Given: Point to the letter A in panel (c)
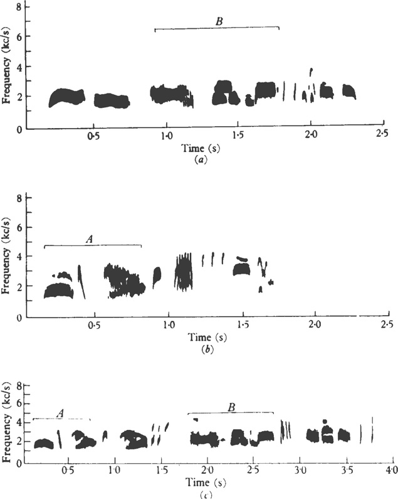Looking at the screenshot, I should [x=61, y=412].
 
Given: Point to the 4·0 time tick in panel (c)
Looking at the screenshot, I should [x=392, y=470].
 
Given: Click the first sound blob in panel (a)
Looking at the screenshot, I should [x=66, y=97].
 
